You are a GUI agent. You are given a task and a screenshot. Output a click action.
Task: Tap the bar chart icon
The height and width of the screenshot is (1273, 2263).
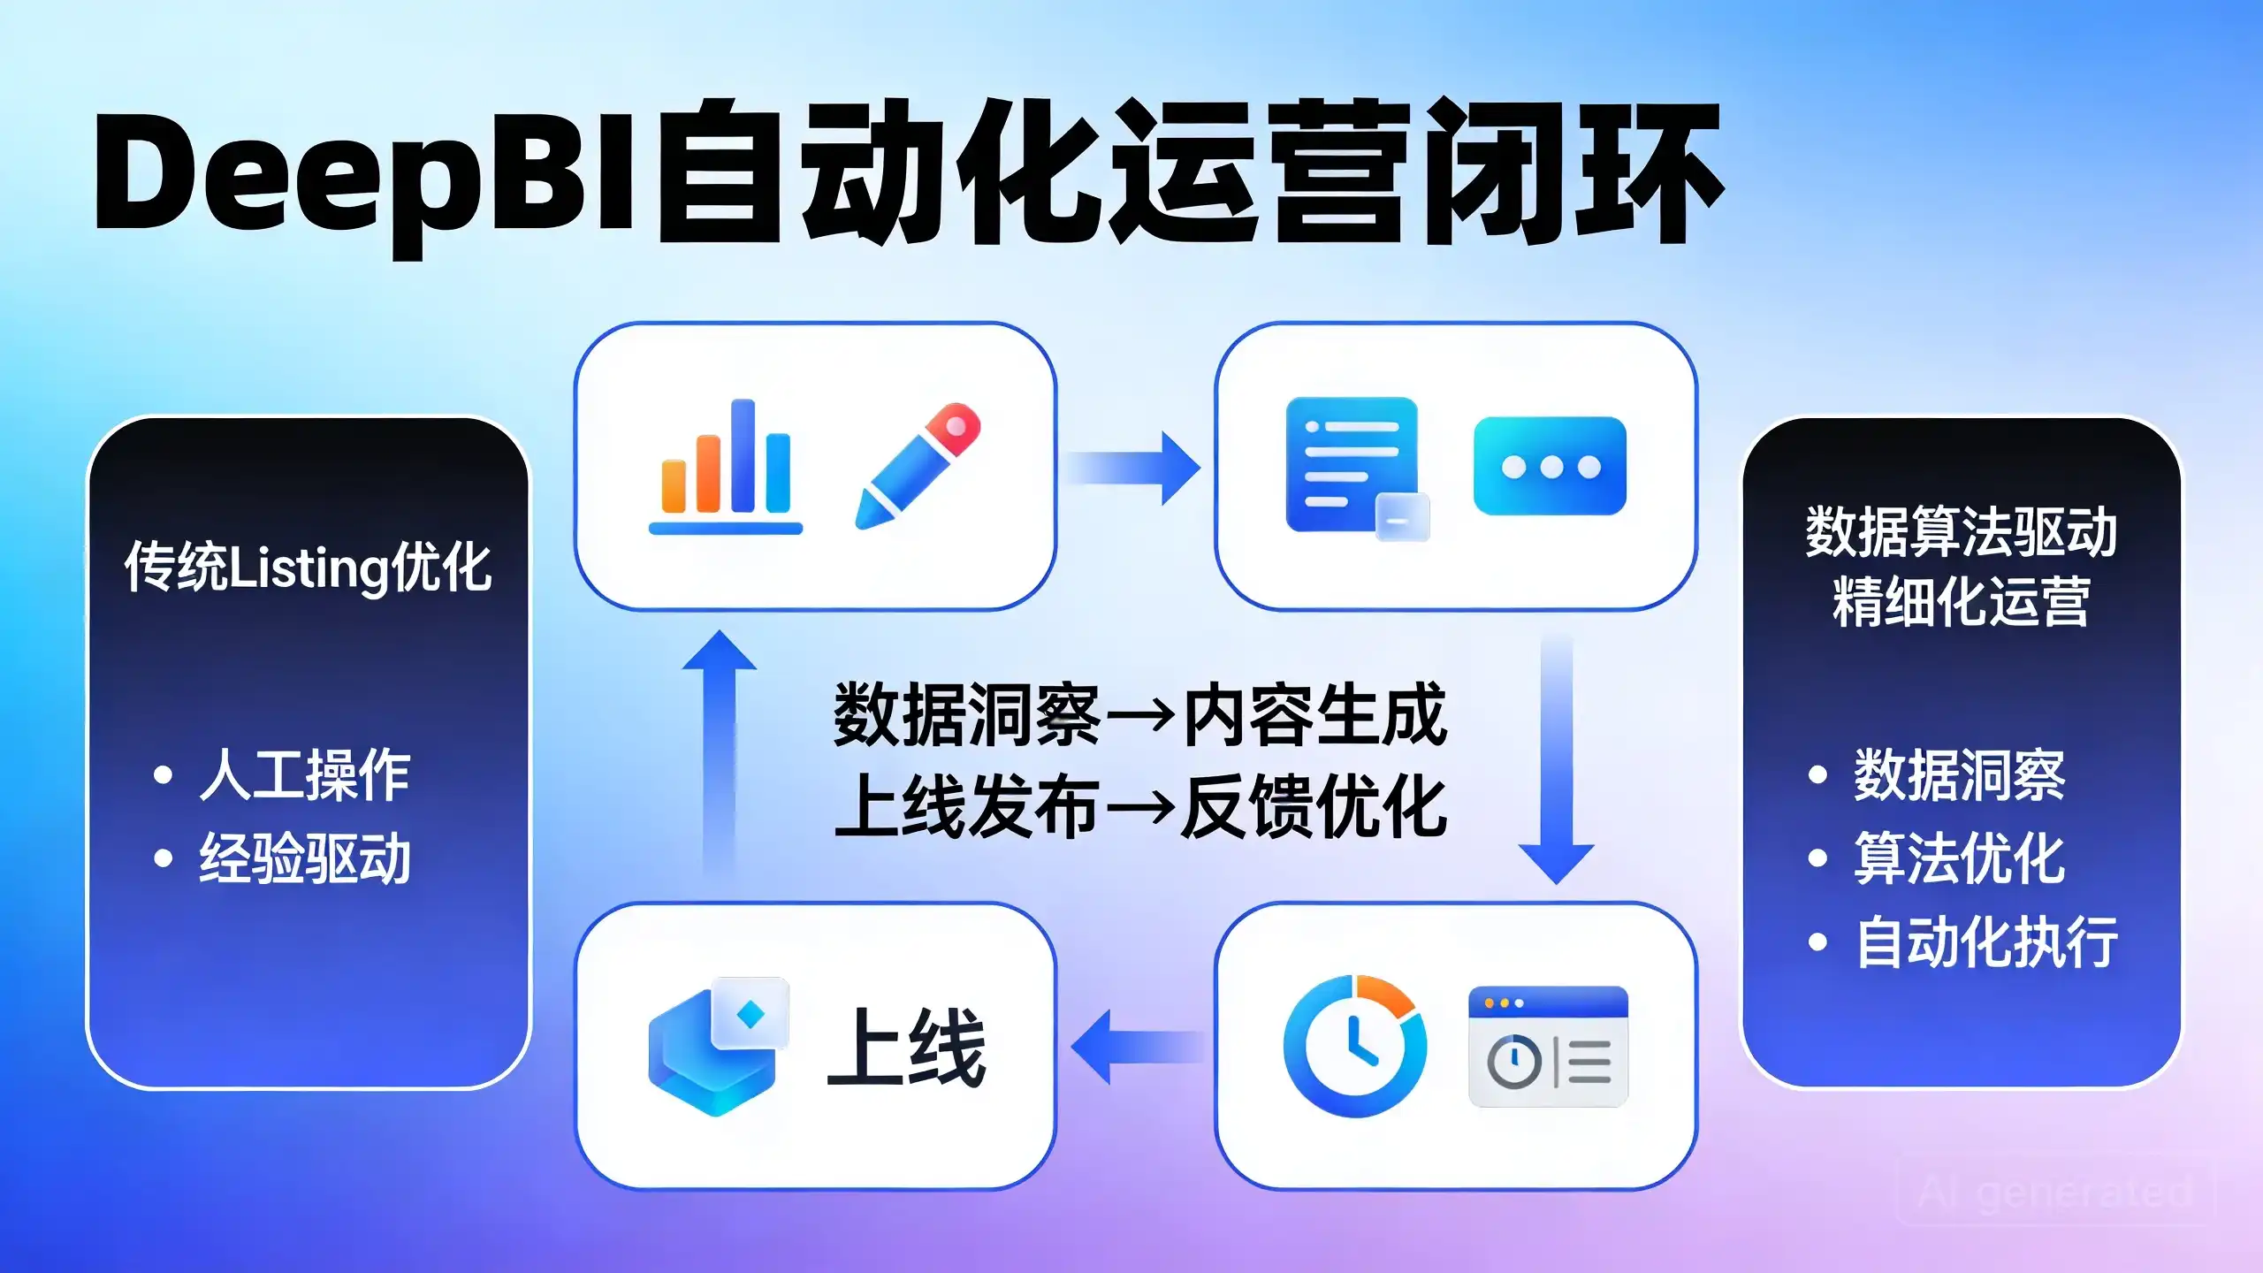(x=726, y=467)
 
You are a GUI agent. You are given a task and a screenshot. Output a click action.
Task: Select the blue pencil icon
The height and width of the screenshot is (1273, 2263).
(x=918, y=466)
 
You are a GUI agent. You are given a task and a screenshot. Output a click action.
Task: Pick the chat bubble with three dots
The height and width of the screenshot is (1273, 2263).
(x=1550, y=466)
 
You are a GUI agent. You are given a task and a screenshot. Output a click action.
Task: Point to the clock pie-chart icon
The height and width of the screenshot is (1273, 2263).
(x=1355, y=1046)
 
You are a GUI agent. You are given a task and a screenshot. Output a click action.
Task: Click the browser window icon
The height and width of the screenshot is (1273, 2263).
(x=1548, y=1047)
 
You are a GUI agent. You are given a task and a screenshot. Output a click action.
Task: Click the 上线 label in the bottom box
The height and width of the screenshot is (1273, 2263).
(x=907, y=1048)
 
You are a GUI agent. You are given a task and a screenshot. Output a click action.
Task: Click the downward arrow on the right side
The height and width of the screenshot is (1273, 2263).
(x=1556, y=758)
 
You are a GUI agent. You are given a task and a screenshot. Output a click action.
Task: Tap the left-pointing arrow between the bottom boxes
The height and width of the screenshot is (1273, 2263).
(x=1137, y=1048)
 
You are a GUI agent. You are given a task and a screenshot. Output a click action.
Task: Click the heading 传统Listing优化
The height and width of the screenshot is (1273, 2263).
(x=308, y=567)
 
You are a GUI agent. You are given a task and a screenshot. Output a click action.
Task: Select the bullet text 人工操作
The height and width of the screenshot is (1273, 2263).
(x=305, y=775)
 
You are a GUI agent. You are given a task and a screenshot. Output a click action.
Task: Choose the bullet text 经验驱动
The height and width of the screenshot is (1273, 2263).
(x=305, y=858)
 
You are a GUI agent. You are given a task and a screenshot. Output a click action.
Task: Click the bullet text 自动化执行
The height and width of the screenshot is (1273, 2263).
(x=1986, y=942)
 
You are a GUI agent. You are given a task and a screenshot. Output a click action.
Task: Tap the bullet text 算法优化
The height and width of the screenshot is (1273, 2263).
(x=1960, y=858)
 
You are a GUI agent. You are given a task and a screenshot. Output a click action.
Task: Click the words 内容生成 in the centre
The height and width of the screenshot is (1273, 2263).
(x=1314, y=715)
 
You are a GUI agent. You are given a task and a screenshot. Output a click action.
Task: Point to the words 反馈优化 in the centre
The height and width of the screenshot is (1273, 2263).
(x=1314, y=805)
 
